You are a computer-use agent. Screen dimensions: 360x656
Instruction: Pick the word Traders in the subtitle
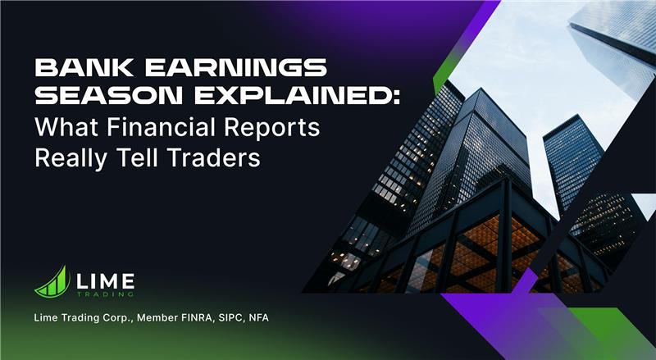click(220, 157)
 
